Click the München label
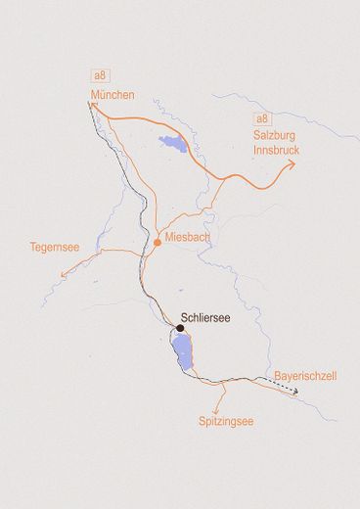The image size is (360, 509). click(112, 95)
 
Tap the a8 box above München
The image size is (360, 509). click(99, 75)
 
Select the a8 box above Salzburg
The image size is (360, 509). click(261, 119)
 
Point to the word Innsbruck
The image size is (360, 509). click(276, 151)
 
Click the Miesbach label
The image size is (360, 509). click(187, 238)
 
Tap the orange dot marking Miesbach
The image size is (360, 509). click(157, 241)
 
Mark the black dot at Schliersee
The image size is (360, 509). click(180, 328)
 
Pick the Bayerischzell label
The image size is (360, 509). click(305, 375)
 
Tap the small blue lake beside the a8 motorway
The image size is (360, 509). click(174, 145)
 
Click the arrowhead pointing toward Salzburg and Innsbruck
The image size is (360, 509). click(292, 164)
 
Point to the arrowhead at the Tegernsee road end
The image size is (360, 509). click(64, 276)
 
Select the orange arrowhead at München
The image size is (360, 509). click(92, 102)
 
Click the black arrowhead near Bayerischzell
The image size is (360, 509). click(295, 393)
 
